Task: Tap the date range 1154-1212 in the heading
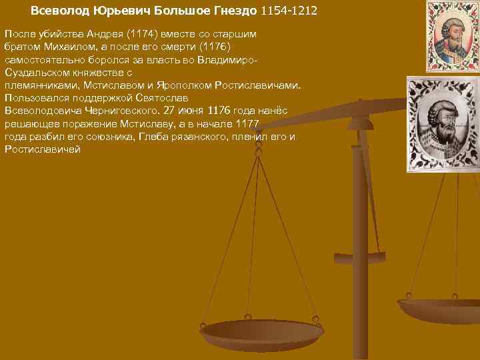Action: pyautogui.click(x=289, y=11)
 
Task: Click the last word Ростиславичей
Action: pyautogui.click(x=42, y=149)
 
